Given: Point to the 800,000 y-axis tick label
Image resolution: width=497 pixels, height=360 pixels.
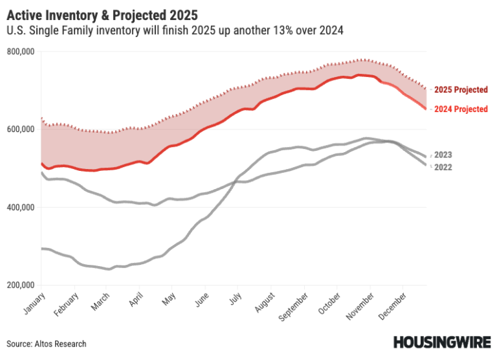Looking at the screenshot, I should point(21,52).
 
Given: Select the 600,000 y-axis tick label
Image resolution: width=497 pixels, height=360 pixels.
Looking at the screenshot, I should point(21,129).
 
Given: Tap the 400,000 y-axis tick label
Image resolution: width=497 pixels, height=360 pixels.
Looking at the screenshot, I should point(21,207).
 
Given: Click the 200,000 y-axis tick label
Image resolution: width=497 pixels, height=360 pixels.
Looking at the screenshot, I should point(21,285).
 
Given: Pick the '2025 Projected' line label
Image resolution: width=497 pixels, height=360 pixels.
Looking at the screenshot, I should point(460,90).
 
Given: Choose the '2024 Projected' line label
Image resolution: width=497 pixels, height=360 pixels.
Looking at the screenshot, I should point(460,109).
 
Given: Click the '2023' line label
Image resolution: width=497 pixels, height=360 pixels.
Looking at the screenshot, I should point(443,155).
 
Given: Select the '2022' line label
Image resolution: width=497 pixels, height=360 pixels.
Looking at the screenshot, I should point(443,168).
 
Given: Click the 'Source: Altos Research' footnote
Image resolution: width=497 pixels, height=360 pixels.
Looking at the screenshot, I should point(46,344).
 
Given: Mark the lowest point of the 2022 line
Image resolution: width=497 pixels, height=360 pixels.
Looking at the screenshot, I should point(107,269).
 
